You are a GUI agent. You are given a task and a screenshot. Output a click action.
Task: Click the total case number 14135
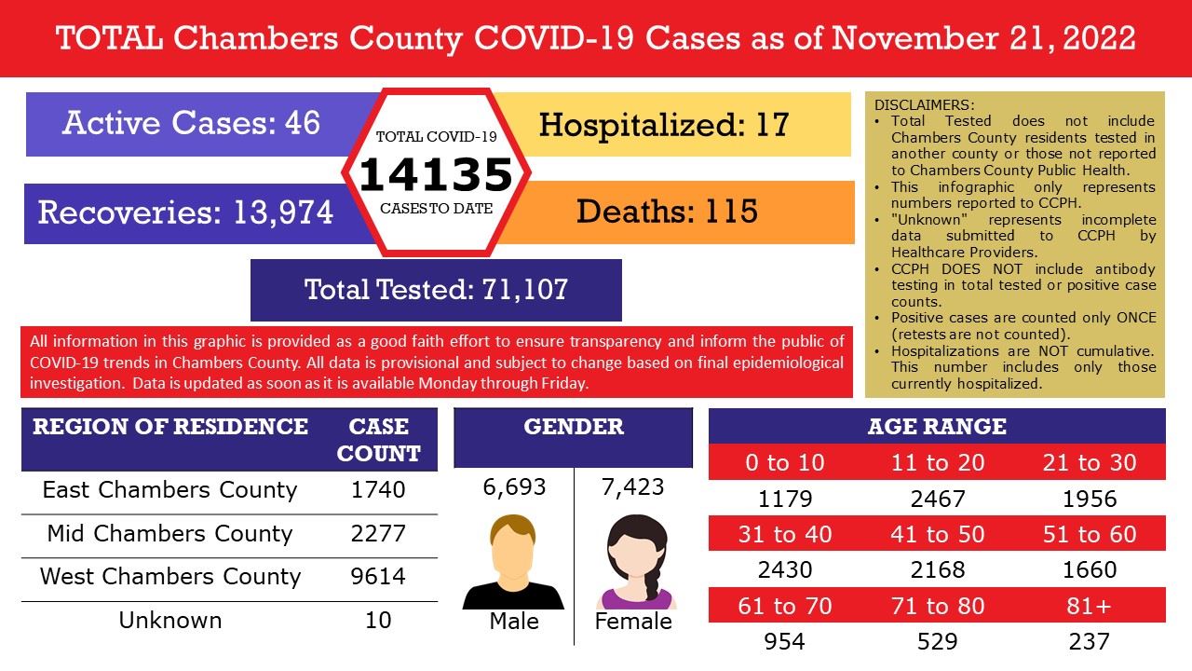coord(436,174)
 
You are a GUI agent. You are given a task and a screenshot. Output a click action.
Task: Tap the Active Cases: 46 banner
coord(191,123)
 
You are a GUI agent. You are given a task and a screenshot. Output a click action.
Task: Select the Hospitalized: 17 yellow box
coord(663,123)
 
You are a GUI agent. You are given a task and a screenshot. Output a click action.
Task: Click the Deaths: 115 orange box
coord(666,212)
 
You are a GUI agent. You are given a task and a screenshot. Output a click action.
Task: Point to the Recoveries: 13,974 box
coord(185,212)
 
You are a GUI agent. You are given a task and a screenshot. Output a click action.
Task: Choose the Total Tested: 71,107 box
coord(436,289)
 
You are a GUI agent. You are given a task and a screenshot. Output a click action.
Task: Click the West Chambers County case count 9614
coord(378,576)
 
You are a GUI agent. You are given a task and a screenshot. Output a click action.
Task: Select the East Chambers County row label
coord(169,489)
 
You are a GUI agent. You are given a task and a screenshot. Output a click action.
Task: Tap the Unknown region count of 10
coord(378,620)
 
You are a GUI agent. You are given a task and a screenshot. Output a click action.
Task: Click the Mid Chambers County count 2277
coord(378,533)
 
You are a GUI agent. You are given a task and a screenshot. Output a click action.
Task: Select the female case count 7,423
coord(633,486)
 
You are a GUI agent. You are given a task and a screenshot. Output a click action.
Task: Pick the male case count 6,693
coord(514,486)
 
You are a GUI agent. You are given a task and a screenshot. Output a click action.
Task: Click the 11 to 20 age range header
coord(937,462)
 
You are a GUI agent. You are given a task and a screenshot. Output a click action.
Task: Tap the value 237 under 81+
coord(1090,641)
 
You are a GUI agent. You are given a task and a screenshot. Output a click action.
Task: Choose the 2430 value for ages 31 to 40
coord(785,569)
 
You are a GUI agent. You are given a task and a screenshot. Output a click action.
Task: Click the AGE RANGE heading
coord(937,427)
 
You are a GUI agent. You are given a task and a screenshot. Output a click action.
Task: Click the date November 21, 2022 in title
coord(983,38)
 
